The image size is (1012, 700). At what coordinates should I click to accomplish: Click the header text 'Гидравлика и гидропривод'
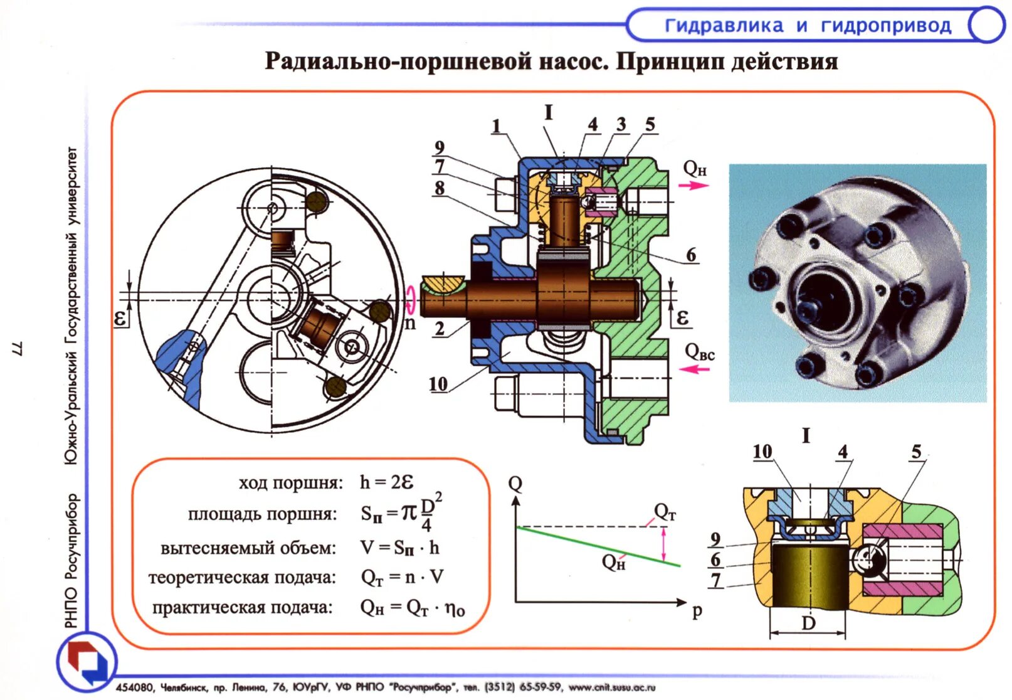[x=808, y=26]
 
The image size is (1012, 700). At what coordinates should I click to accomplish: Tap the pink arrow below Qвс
[x=695, y=369]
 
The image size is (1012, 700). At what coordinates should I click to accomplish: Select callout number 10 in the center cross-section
[x=438, y=384]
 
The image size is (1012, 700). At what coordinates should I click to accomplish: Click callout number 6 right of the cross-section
[x=691, y=255]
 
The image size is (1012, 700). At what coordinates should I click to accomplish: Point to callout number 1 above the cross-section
[x=496, y=126]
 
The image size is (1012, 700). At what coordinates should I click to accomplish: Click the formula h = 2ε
[x=386, y=482]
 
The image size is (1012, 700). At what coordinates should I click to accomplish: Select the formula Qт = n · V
[x=402, y=577]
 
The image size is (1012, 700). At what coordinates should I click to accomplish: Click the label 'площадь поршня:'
[x=262, y=514]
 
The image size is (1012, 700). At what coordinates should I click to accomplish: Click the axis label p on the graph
[x=697, y=610]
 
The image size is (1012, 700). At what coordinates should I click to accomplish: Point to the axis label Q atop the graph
[x=515, y=484]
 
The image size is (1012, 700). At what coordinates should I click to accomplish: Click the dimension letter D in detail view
[x=808, y=623]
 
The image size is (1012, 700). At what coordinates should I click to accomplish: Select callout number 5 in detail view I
[x=917, y=452]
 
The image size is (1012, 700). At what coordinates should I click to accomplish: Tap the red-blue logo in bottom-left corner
[x=88, y=662]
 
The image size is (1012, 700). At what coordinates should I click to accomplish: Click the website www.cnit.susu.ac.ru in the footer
[x=611, y=687]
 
